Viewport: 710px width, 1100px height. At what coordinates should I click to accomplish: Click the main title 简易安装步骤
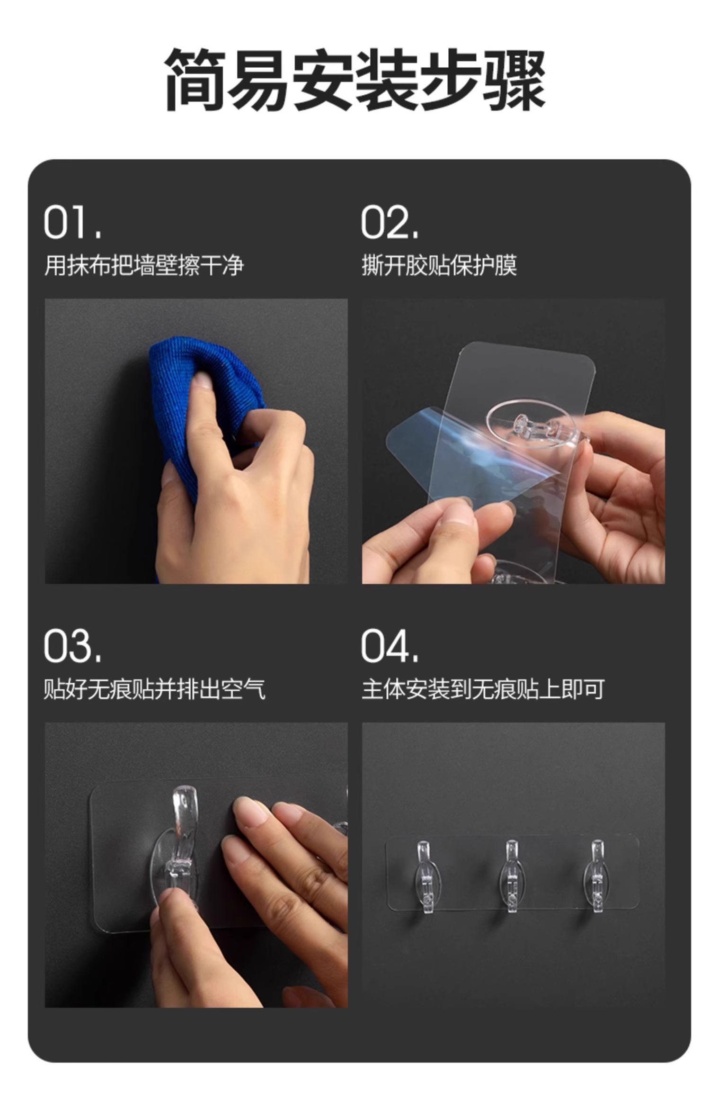click(355, 80)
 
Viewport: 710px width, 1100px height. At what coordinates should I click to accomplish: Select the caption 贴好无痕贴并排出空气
click(154, 689)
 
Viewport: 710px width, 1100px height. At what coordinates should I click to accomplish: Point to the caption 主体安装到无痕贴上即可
click(483, 689)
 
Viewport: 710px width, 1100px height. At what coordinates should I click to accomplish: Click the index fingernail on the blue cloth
click(201, 380)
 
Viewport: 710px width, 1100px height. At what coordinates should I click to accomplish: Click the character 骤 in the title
click(514, 80)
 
